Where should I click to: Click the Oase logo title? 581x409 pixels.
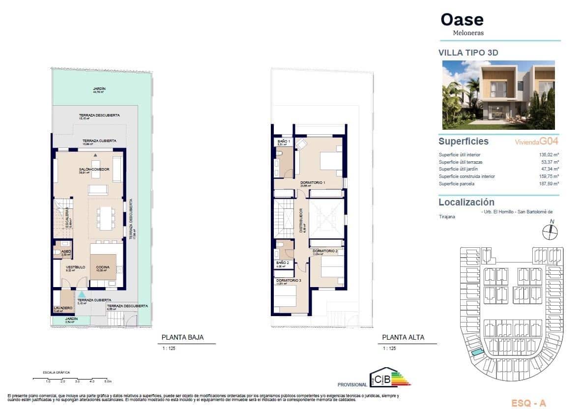[462, 20]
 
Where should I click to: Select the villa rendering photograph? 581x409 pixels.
[498, 94]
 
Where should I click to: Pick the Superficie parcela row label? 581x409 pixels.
[456, 183]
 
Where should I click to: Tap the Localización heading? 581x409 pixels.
[466, 202]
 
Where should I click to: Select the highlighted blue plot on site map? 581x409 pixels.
[476, 352]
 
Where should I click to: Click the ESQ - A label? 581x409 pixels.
[528, 403]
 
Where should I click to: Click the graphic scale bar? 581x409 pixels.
[73, 379]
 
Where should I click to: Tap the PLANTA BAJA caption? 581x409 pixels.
[182, 338]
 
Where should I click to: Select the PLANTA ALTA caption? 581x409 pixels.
[403, 338]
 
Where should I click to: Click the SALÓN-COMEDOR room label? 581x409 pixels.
[93, 169]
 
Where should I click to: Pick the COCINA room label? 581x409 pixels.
[103, 267]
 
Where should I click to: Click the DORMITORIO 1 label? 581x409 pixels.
[313, 183]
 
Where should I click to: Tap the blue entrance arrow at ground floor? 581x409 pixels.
[82, 294]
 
